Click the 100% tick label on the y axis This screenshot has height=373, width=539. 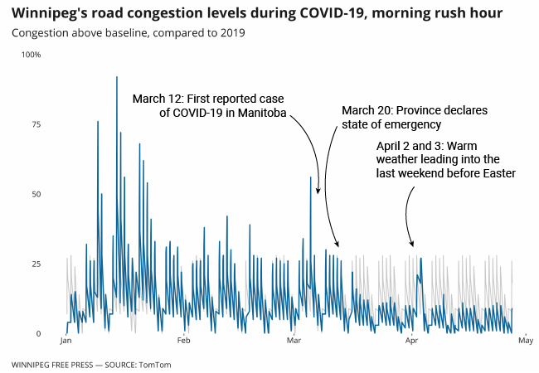[32, 55]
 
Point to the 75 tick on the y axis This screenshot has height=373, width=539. [36, 124]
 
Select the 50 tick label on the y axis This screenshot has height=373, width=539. [36, 194]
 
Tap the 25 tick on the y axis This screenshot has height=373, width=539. [36, 264]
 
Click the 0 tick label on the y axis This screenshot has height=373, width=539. [38, 334]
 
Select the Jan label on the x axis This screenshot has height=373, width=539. [66, 341]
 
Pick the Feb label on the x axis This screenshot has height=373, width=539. [184, 341]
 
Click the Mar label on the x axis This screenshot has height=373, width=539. [294, 341]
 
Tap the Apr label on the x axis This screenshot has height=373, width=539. [412, 341]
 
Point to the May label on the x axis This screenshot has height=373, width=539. [525, 341]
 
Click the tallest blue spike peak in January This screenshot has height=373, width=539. [117, 77]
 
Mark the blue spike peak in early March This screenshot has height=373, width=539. [311, 177]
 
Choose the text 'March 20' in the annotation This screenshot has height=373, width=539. [367, 110]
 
